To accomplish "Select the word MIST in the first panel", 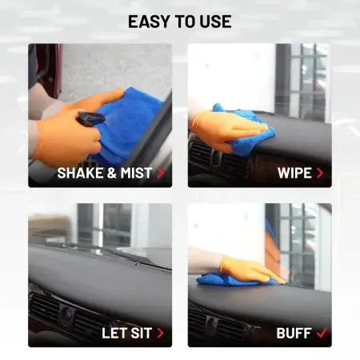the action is (136, 173).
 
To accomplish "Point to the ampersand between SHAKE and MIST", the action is (112, 173).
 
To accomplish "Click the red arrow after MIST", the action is (161, 173).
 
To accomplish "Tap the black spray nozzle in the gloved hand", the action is (91, 118).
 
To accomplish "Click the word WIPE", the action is (294, 173).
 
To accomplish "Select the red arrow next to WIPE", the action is (320, 173).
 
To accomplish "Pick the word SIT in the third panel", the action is (142, 333).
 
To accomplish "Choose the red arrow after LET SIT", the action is (160, 333).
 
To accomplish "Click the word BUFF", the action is (294, 333).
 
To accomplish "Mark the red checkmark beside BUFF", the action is (322, 333).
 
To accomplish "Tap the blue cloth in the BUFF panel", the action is (234, 280).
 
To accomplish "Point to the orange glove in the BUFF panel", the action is (250, 269).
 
